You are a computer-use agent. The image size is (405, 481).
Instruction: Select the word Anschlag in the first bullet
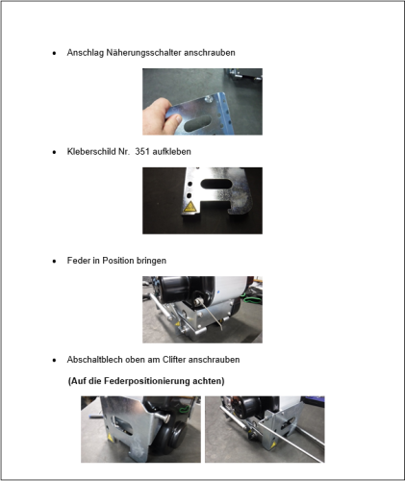coord(86,53)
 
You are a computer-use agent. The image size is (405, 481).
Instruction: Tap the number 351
coord(142,151)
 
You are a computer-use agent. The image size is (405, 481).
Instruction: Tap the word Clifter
coord(174,360)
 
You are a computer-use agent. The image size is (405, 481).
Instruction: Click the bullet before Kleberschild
coord(54,152)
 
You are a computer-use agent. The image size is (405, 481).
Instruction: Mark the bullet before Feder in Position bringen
coord(54,261)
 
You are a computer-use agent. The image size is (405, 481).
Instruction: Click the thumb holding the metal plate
coord(173,121)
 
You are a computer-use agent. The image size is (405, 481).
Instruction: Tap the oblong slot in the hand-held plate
coord(197,123)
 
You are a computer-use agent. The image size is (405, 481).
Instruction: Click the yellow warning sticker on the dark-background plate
coord(190,207)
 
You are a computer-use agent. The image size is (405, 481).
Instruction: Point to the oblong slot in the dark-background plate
coord(216,184)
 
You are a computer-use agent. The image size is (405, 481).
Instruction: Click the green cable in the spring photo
coord(253,301)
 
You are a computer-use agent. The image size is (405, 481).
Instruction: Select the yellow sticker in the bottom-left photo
coord(110,437)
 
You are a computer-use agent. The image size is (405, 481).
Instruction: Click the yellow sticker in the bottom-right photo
coord(273,444)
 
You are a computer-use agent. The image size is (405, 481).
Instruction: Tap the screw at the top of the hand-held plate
coord(209,98)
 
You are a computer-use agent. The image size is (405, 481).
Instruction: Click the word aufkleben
coord(171,151)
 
